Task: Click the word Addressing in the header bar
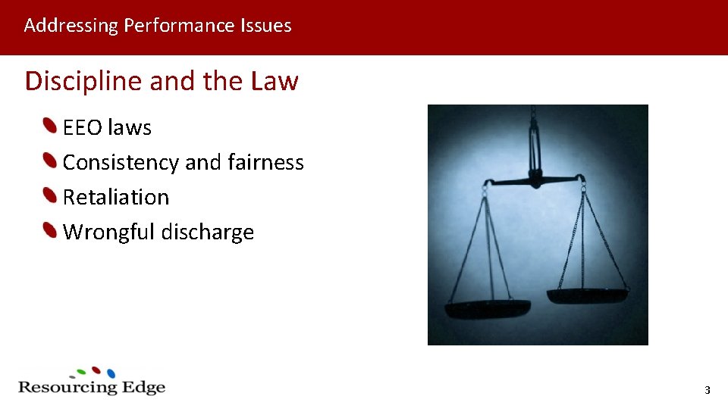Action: (x=71, y=26)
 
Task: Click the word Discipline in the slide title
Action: (x=83, y=80)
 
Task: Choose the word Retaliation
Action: (x=116, y=197)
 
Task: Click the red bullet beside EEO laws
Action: (x=50, y=126)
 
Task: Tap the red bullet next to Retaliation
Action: (x=50, y=195)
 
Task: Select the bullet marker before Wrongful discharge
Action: (x=50, y=230)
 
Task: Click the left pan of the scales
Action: (x=487, y=308)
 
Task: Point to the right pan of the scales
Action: (x=587, y=295)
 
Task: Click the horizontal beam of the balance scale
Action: (x=534, y=180)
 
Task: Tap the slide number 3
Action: (x=707, y=391)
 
